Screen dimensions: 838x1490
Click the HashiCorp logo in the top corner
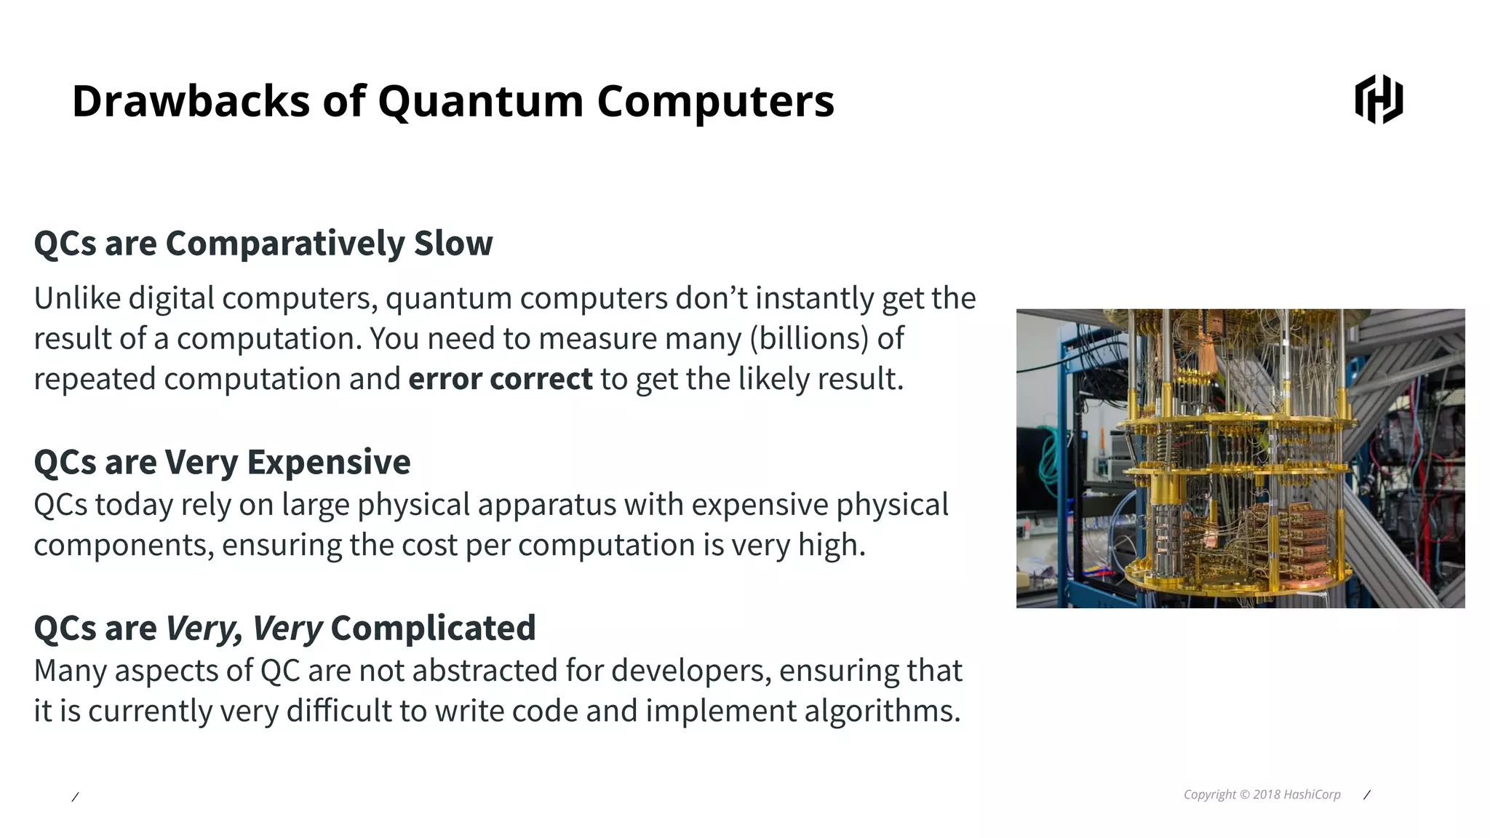click(1379, 100)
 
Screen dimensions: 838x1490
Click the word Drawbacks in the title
click(191, 100)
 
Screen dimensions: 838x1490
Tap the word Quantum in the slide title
click(480, 100)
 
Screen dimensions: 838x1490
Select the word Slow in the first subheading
click(453, 243)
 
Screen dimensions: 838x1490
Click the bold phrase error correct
click(501, 379)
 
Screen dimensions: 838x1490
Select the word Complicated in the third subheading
click(433, 628)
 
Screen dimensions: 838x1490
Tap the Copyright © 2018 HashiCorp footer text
click(1262, 794)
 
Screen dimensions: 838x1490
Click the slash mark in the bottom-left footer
click(75, 797)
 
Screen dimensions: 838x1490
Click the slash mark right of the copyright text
click(1366, 795)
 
